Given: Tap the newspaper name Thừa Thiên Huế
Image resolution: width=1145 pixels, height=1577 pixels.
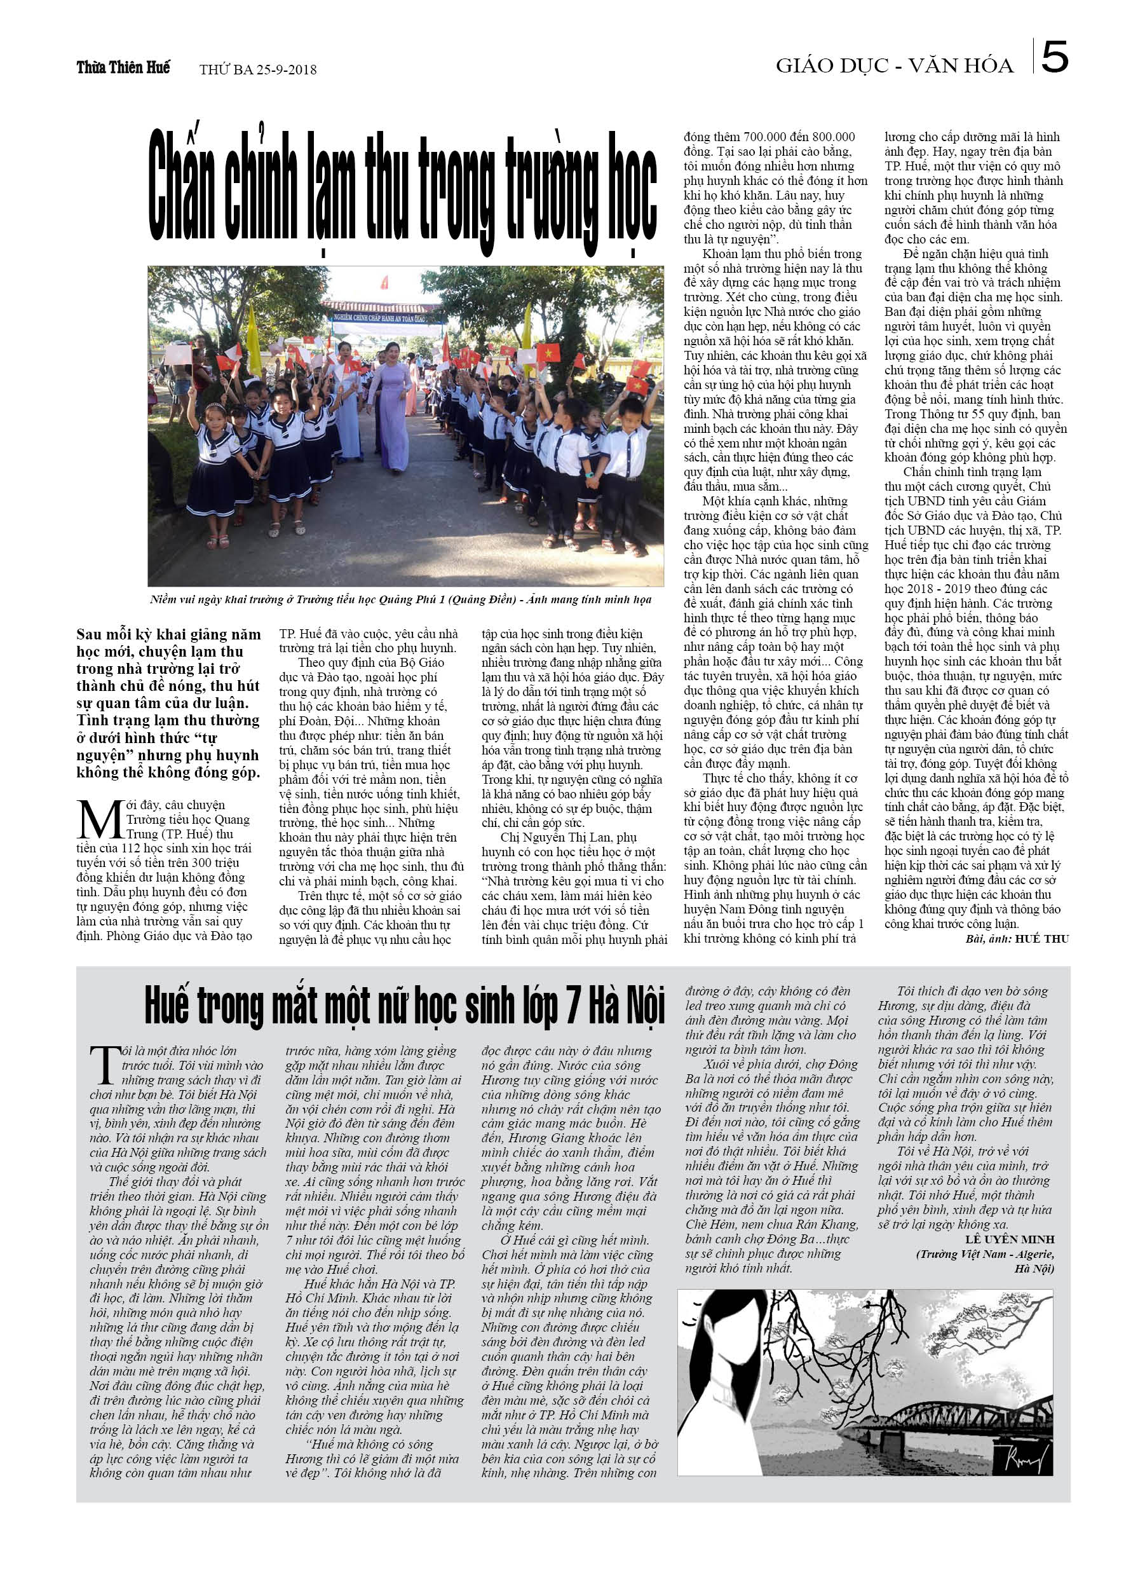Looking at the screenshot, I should (123, 67).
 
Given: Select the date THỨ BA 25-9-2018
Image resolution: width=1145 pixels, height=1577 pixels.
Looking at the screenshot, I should (257, 69).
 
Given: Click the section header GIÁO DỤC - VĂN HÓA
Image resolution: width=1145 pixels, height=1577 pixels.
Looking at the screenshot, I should (894, 65).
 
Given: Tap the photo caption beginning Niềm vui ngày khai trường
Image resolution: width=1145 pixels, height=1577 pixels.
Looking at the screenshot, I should (400, 599).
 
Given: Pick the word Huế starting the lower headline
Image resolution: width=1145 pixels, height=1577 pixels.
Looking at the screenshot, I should (167, 1006).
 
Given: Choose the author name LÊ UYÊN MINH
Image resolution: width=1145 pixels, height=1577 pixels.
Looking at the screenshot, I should (1010, 1239).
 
